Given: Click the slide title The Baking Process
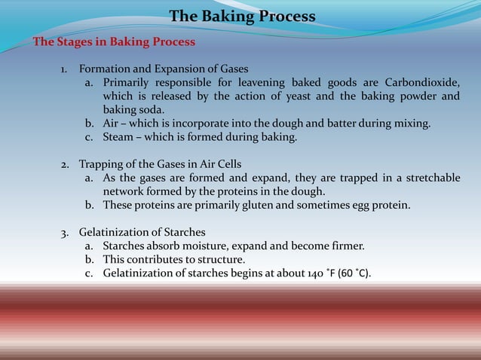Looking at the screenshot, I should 242,17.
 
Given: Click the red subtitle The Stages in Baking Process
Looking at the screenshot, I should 114,41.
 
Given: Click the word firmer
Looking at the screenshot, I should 345,246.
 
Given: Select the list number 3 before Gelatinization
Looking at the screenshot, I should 65,232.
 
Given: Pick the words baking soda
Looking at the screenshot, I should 133,110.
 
